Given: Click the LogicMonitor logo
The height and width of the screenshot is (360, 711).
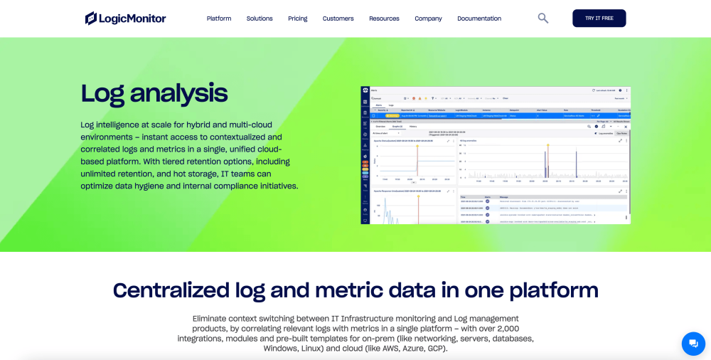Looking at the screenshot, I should point(125,18).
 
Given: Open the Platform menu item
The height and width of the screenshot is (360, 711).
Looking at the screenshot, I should point(219,18).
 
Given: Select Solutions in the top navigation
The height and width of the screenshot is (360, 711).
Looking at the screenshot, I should point(260,18).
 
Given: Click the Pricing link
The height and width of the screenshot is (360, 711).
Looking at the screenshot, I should point(298,18).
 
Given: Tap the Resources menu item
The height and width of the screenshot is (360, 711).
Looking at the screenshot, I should point(384,18).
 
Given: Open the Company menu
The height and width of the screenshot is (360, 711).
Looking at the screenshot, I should point(428,18).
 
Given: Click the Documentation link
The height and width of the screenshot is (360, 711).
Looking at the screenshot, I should point(479,18).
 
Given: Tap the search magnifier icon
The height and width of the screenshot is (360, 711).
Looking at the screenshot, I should point(543,18).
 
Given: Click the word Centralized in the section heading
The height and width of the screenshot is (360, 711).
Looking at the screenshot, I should point(171,290).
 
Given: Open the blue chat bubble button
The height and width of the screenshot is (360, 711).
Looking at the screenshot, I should point(693,344).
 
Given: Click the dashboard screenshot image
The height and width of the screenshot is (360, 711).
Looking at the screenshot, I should point(496,155).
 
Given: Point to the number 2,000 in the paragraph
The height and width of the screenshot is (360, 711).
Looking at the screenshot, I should point(507,329).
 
